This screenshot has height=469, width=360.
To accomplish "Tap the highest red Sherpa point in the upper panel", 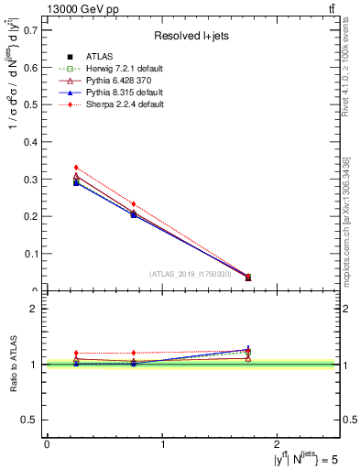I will [76, 168].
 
